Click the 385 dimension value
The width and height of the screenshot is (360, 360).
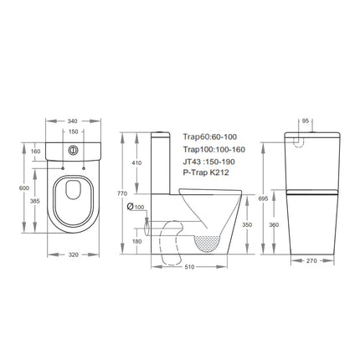click(x=34, y=202)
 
